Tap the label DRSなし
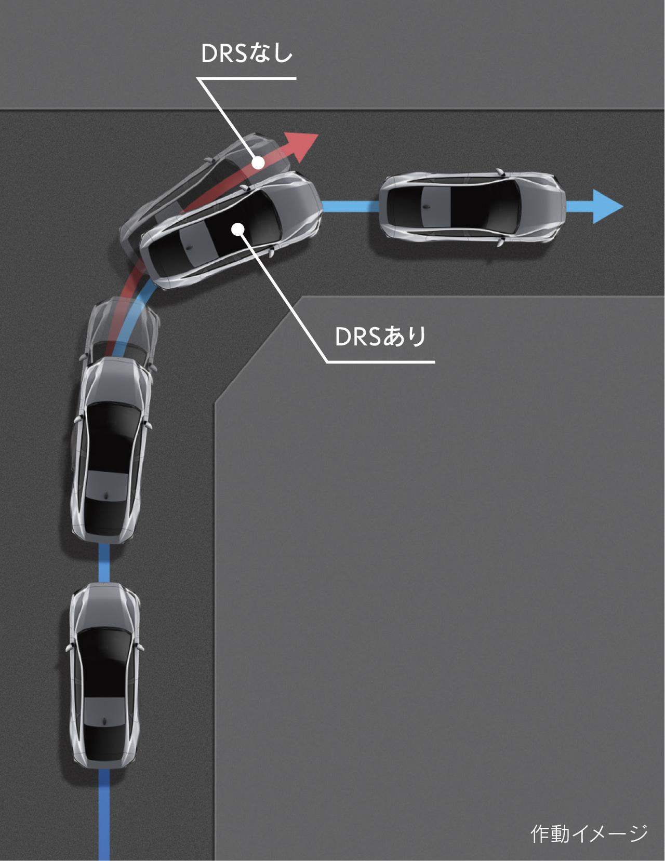[x=247, y=53]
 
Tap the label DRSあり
[x=380, y=336]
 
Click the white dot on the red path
[x=258, y=162]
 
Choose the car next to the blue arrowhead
[x=472, y=207]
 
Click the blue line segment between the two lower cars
[x=104, y=562]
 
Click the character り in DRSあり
[x=417, y=337]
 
